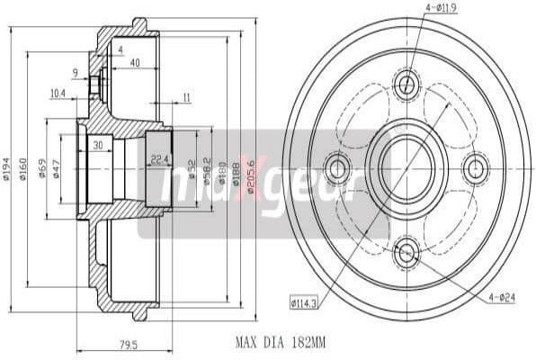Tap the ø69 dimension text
pos(43,169)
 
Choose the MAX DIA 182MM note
pos(279,342)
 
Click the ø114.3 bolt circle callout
pos(304,301)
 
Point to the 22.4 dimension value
pos(160,159)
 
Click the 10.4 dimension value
pos(58,92)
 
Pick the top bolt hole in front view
pos(406,85)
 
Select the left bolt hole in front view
pos(339,167)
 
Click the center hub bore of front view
pos(407,167)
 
